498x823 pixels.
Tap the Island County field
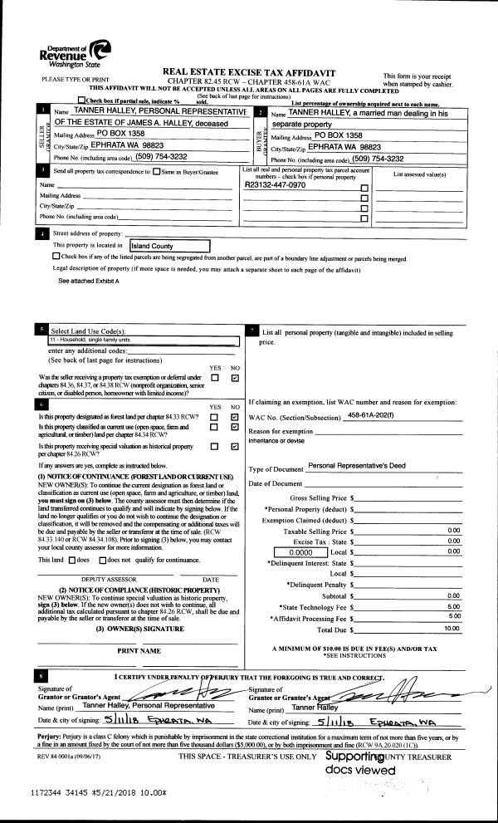click(168, 246)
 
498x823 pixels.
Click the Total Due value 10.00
click(451, 629)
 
